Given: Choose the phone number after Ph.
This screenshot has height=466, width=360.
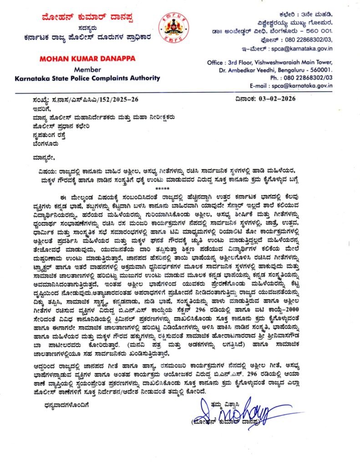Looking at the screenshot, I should (305, 77).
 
